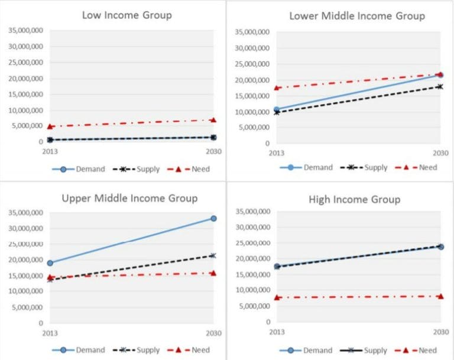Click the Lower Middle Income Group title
pos(356,15)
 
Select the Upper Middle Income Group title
pos(129,198)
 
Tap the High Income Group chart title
pos(354,199)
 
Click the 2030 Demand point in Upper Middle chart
pos(213,218)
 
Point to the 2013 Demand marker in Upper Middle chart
pos(50,263)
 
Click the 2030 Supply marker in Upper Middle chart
pos(213,255)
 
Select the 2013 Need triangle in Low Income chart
pos(50,127)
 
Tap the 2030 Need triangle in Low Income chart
pos(213,120)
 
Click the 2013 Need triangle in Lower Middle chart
pos(277,88)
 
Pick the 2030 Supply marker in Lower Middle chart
pos(440,86)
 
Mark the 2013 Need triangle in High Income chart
pos(277,297)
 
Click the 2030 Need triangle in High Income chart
pos(440,296)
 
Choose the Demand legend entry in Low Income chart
pos(82,169)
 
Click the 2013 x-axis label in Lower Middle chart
pos(277,153)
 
